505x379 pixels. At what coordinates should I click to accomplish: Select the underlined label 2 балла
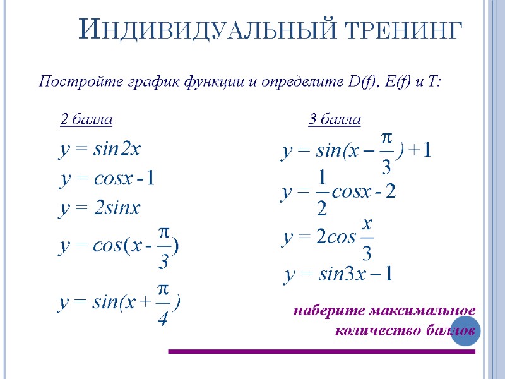(x=86, y=119)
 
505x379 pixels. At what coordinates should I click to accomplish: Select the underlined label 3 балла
(x=335, y=119)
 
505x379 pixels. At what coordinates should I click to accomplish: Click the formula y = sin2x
(x=100, y=150)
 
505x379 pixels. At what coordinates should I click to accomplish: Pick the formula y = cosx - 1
(x=107, y=179)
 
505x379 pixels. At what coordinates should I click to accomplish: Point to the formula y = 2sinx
(x=100, y=208)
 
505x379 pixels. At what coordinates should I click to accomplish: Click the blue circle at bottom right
(x=466, y=331)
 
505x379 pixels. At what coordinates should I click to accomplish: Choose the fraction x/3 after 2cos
(x=367, y=239)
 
